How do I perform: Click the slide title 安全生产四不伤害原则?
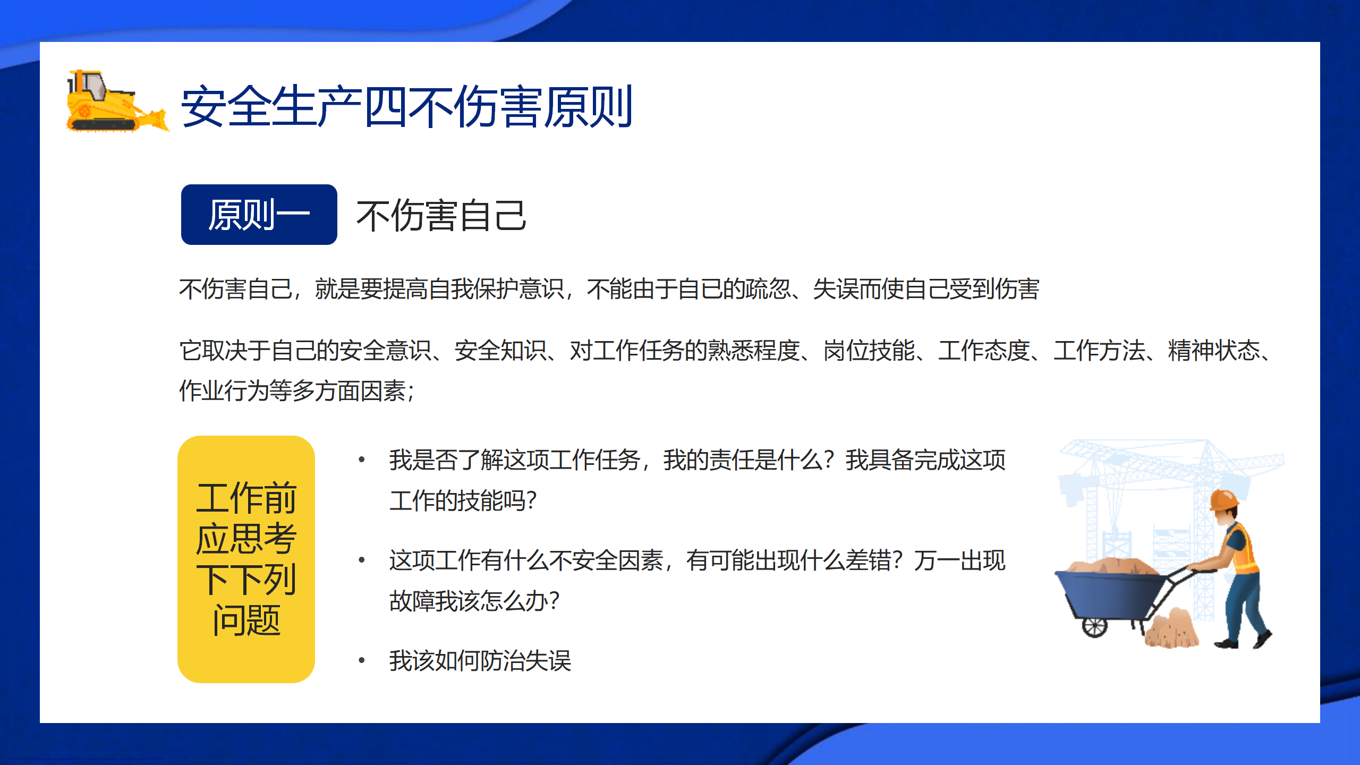pos(407,107)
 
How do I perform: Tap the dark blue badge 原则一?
pos(259,215)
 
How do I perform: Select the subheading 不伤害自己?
pos(441,216)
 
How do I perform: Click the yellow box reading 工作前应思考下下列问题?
pos(246,559)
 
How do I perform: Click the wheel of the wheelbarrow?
pos(1095,626)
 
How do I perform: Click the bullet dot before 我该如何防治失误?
pos(362,660)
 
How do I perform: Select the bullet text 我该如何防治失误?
pos(480,661)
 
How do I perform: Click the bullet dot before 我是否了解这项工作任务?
pos(362,460)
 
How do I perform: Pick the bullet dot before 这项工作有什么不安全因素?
pos(362,560)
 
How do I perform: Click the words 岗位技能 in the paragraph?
pos(869,351)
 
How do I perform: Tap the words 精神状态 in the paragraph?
pos(1214,351)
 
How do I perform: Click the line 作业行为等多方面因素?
pos(296,391)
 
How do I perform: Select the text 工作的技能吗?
pos(463,501)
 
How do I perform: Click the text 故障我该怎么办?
pos(474,601)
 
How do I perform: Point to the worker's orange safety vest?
pos(1243,550)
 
